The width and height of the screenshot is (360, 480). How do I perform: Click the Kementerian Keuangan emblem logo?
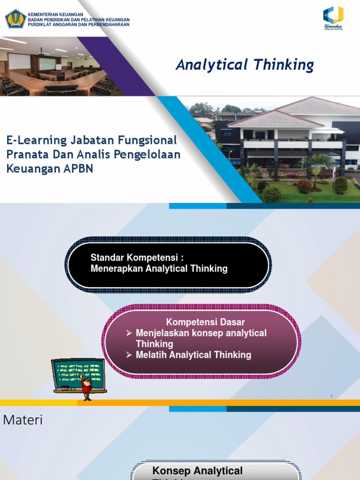click(x=15, y=18)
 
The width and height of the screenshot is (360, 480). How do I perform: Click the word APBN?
click(x=78, y=169)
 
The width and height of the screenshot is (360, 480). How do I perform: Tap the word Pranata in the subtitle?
click(x=25, y=155)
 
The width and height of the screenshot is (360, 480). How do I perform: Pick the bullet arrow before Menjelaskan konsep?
click(x=129, y=333)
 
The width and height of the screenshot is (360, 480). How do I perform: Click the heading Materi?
click(x=22, y=420)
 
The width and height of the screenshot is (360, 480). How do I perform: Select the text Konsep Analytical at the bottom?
click(x=197, y=471)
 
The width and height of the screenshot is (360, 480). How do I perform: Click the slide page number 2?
click(x=331, y=396)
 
